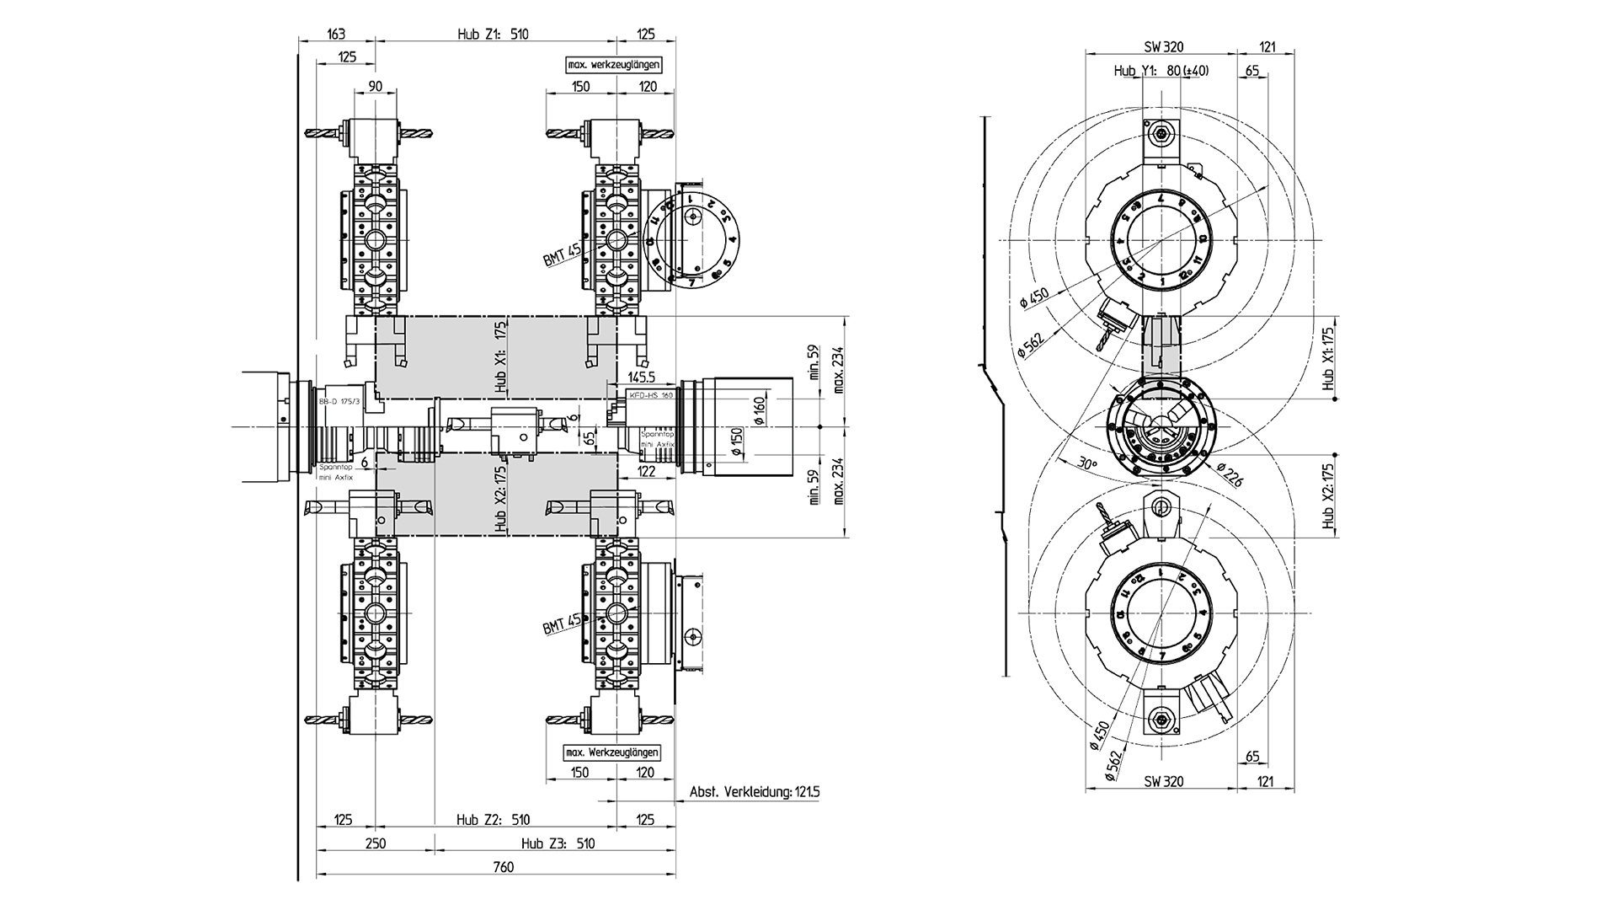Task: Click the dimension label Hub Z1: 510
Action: pyautogui.click(x=494, y=35)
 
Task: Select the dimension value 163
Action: pyautogui.click(x=335, y=35)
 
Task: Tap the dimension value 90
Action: pyautogui.click(x=375, y=86)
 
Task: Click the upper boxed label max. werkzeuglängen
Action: pyautogui.click(x=613, y=65)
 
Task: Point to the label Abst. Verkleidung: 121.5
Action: pyautogui.click(x=755, y=792)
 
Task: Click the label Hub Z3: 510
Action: pyautogui.click(x=558, y=843)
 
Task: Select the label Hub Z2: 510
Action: pyautogui.click(x=494, y=820)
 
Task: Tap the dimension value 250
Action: pyautogui.click(x=375, y=843)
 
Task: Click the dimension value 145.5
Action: pyautogui.click(x=641, y=378)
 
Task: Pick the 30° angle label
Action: pyautogui.click(x=1088, y=463)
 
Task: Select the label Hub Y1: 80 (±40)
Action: pyautogui.click(x=1161, y=71)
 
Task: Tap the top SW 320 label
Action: pyautogui.click(x=1163, y=48)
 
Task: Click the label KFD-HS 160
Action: pyautogui.click(x=651, y=394)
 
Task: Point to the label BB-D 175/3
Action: pyautogui.click(x=340, y=403)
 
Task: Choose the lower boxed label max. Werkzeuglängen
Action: pyautogui.click(x=613, y=752)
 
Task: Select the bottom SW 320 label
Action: pyautogui.click(x=1163, y=781)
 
